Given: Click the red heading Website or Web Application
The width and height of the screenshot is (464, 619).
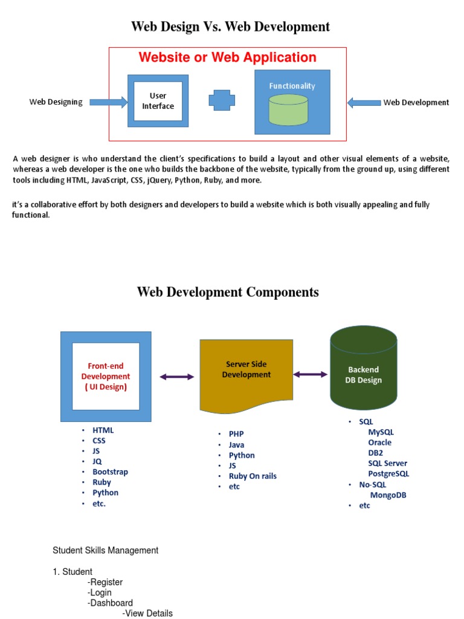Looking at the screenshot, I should click(227, 57).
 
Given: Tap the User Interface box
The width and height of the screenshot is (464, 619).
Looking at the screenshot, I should click(158, 101).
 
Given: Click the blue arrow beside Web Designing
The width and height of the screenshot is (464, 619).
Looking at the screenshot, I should click(107, 102).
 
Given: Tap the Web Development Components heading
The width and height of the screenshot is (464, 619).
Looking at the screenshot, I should click(228, 293).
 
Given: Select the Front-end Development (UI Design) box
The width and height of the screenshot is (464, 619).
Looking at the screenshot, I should click(106, 376).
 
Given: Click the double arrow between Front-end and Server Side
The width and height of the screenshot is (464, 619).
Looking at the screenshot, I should click(177, 377).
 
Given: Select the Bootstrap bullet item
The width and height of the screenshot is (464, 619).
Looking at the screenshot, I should click(110, 472).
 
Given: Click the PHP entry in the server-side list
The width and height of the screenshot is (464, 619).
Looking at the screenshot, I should click(236, 433).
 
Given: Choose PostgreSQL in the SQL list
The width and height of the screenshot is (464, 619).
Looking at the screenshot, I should click(388, 474).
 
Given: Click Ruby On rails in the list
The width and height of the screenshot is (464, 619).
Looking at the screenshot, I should click(253, 476).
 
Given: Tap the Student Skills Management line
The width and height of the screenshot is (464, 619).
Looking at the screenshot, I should click(106, 551).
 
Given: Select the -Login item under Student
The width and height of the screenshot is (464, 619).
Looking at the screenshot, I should click(100, 592).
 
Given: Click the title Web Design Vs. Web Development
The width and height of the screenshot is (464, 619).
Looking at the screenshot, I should click(231, 27).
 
